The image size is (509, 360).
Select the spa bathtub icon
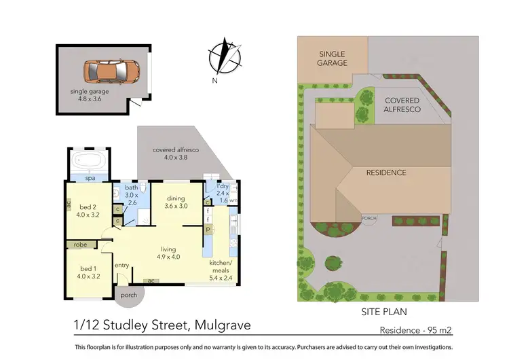pos(90,162)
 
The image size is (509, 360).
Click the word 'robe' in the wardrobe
pos(81,245)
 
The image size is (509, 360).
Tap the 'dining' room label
pos(176,202)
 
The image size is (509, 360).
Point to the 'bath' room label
pos(132,194)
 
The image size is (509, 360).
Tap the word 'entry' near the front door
pos(122,266)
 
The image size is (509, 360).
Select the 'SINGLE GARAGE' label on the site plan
pos(332,58)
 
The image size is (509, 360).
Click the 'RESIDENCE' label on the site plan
pos(386,173)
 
